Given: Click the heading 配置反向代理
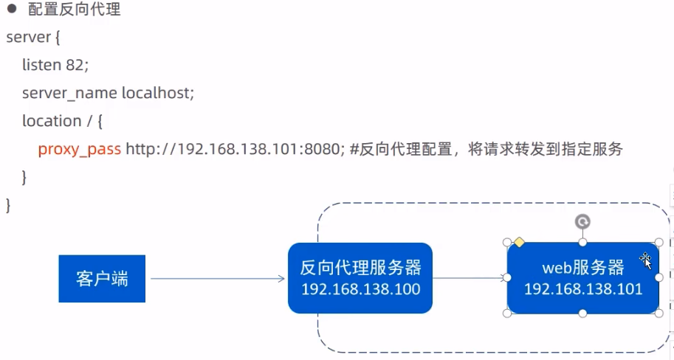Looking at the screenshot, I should (74, 10).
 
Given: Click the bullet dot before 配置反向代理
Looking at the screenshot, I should (12, 9).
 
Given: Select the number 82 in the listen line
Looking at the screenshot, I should (76, 65).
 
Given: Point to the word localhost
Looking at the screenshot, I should (157, 93).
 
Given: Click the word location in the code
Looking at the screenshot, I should (51, 121).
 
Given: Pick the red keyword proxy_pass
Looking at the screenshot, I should (79, 150).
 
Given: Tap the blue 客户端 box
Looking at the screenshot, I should (102, 279).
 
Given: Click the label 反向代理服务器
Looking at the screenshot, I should (360, 267).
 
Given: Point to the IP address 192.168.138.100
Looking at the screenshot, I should (360, 289).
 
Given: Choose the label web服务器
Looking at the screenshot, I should (583, 266).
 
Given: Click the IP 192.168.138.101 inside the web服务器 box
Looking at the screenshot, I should (583, 289).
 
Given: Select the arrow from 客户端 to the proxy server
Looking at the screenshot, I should (217, 278).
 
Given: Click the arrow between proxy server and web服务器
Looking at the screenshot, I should (470, 278).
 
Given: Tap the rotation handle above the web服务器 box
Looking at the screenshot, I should (582, 221).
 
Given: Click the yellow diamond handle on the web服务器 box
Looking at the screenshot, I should (519, 242).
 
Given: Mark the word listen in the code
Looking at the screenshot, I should (41, 65).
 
